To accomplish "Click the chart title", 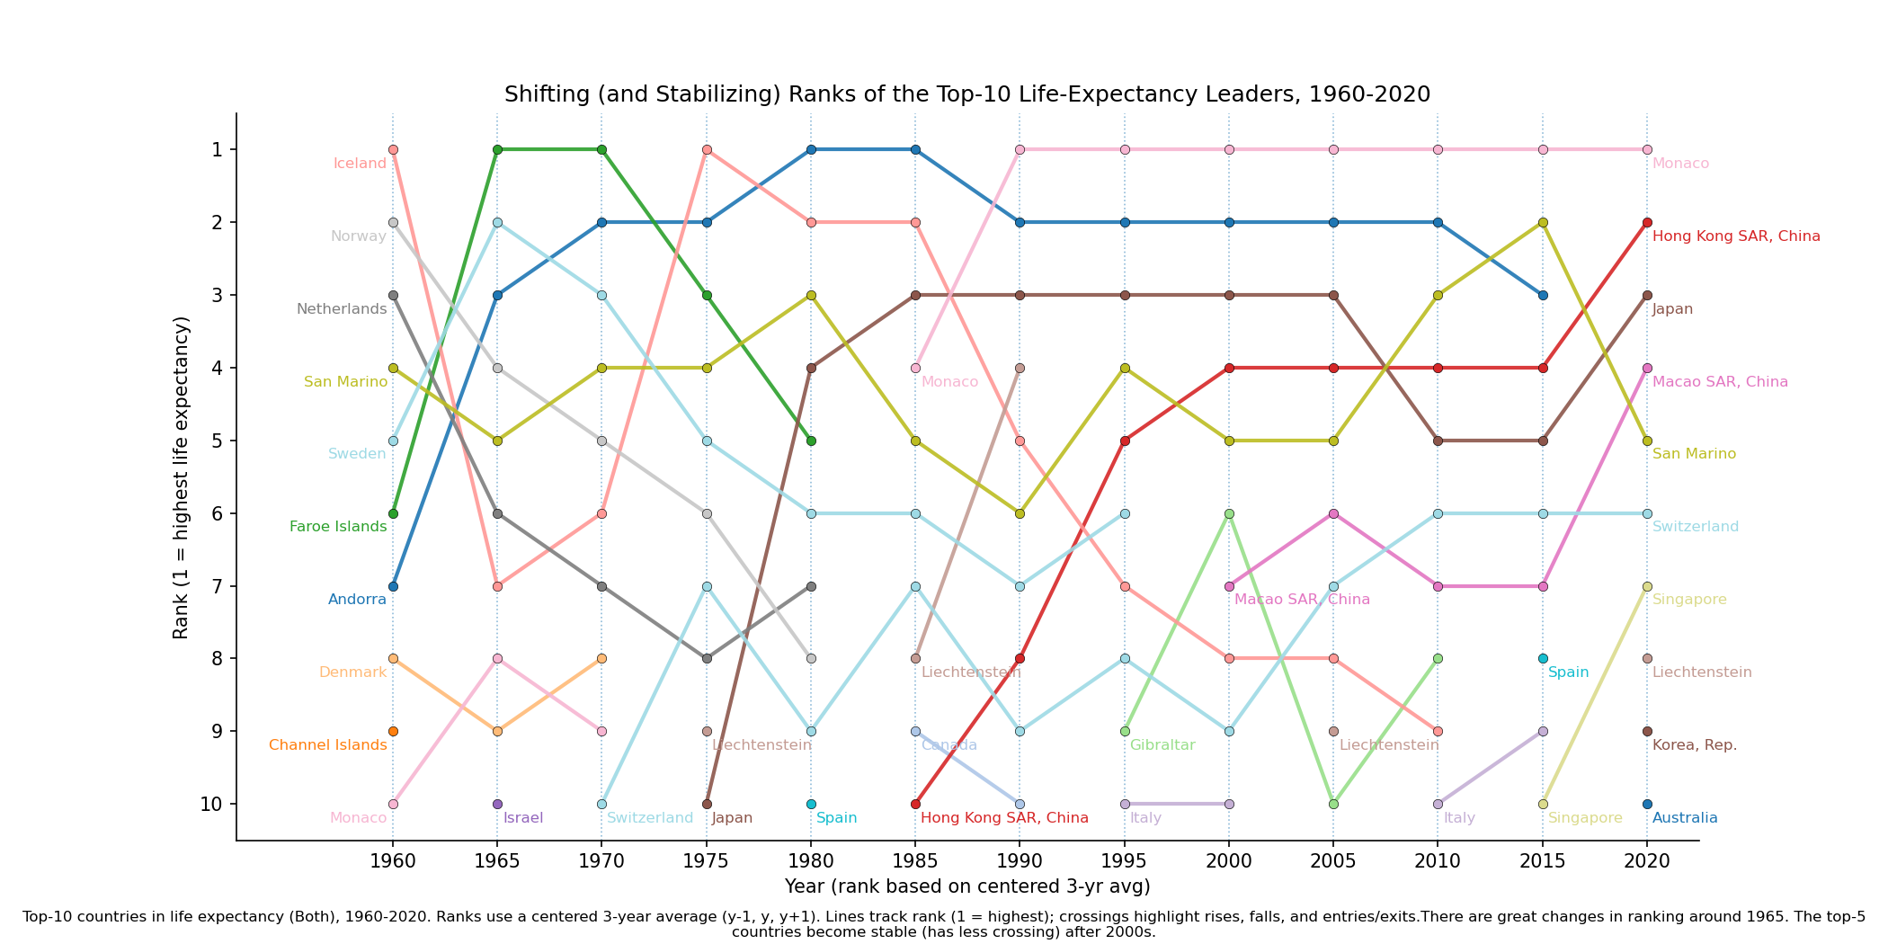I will [x=966, y=94].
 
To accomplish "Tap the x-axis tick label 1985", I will [x=915, y=861].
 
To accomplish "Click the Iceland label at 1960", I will [x=360, y=164].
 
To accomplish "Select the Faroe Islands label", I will [x=338, y=527].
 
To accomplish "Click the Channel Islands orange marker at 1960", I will [x=393, y=731].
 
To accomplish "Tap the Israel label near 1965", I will [x=523, y=818].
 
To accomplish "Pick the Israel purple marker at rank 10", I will [x=497, y=804].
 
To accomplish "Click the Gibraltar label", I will [x=1162, y=745].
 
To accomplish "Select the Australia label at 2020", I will [x=1685, y=818].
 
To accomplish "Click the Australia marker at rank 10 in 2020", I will [x=1647, y=804].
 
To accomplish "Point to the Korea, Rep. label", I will [x=1695, y=745].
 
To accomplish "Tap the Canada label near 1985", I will [x=948, y=745].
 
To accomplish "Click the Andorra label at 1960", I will [x=357, y=600].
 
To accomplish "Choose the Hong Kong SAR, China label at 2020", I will [x=1736, y=236].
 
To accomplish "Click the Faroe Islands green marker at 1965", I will [x=497, y=149].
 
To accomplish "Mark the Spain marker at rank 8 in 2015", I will [x=1543, y=658].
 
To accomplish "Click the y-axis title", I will [x=181, y=477].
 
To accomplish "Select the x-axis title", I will [x=967, y=886].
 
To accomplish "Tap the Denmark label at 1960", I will [x=352, y=672].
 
